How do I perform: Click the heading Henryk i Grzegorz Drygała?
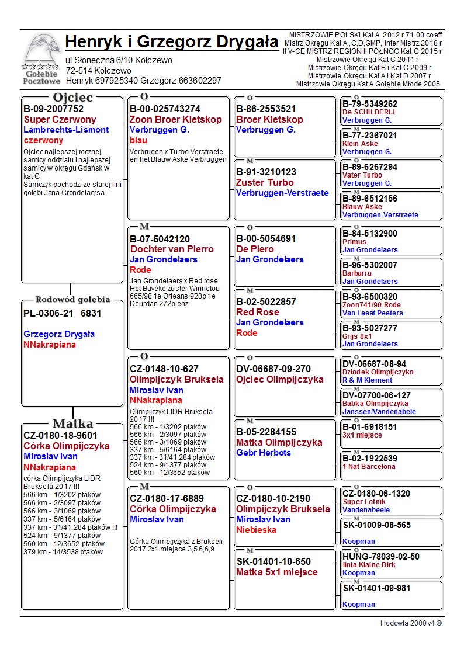tap(172, 42)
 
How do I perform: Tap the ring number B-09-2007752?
tap(53, 109)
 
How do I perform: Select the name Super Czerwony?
tap(60, 119)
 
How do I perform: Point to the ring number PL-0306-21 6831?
tap(63, 313)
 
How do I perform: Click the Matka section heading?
tap(72, 424)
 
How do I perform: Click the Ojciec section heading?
tap(72, 97)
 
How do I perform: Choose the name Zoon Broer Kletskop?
tap(176, 119)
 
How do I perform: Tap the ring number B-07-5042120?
tap(160, 239)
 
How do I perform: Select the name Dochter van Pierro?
tap(172, 249)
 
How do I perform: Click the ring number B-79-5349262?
tap(370, 104)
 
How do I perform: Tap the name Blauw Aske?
tap(362, 207)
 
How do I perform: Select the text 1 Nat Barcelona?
tap(369, 467)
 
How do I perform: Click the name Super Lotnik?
tap(365, 502)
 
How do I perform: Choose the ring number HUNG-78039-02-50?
tap(380, 557)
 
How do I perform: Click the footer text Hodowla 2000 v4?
tap(411, 623)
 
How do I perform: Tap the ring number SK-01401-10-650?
tap(273, 562)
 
